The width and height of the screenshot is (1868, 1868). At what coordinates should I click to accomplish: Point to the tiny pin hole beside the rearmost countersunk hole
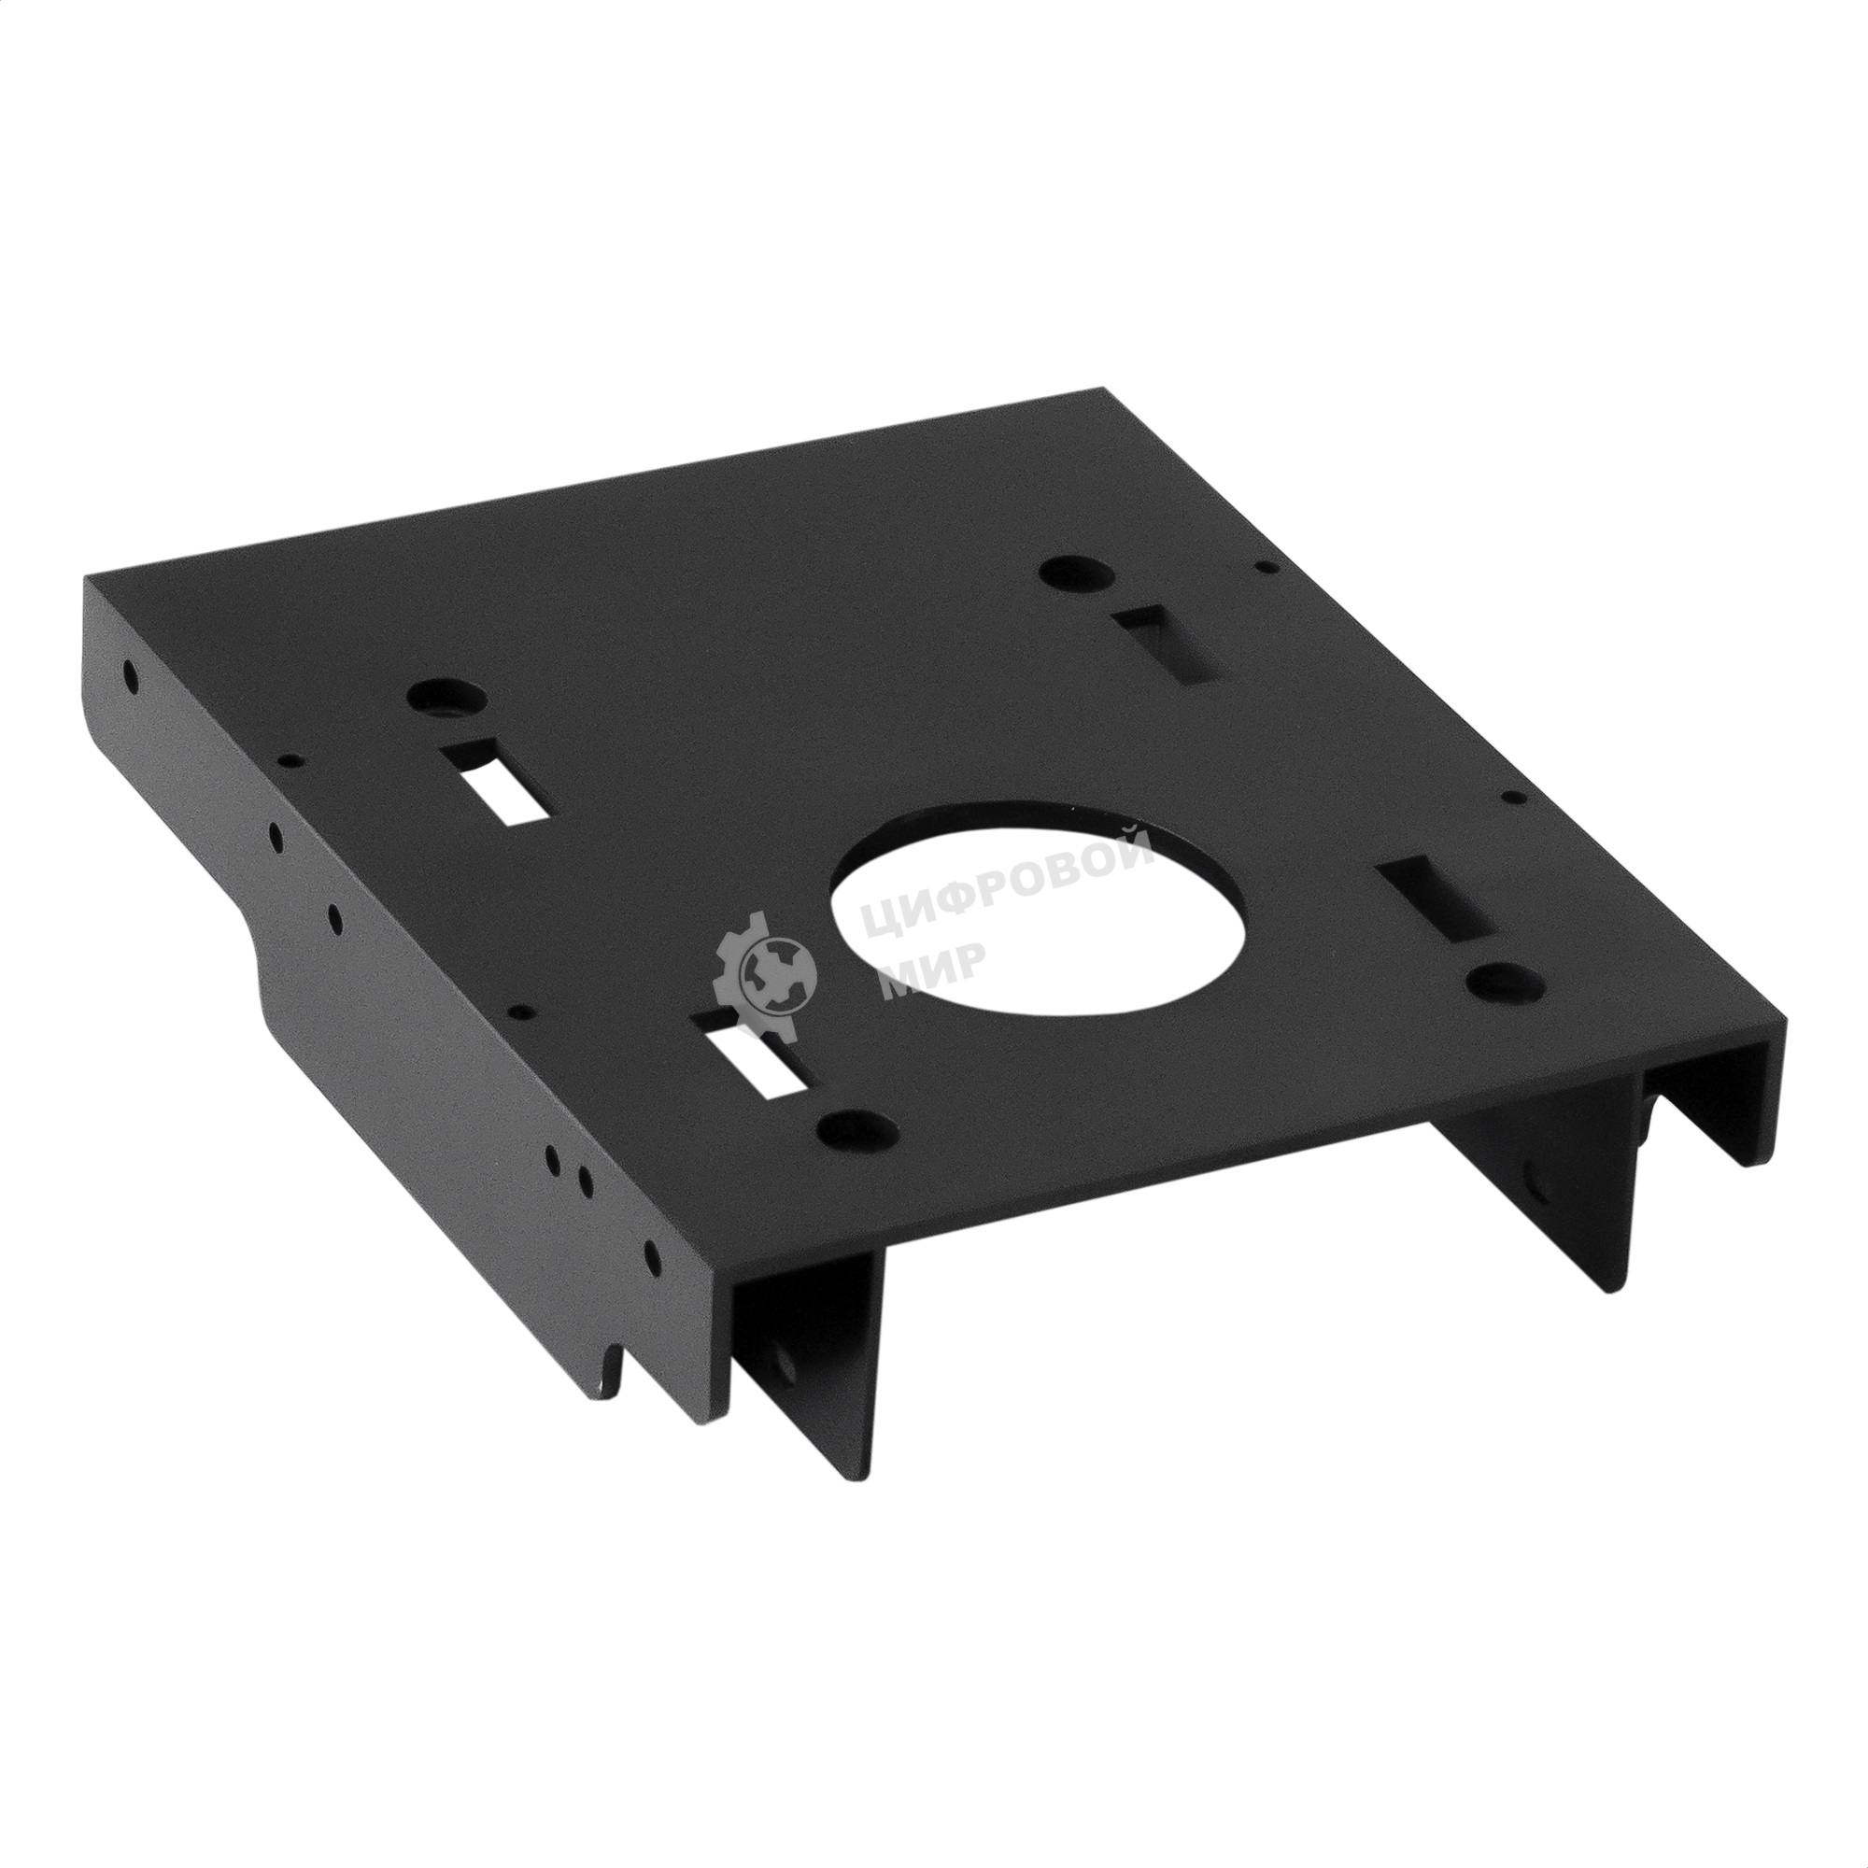tap(1261, 571)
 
